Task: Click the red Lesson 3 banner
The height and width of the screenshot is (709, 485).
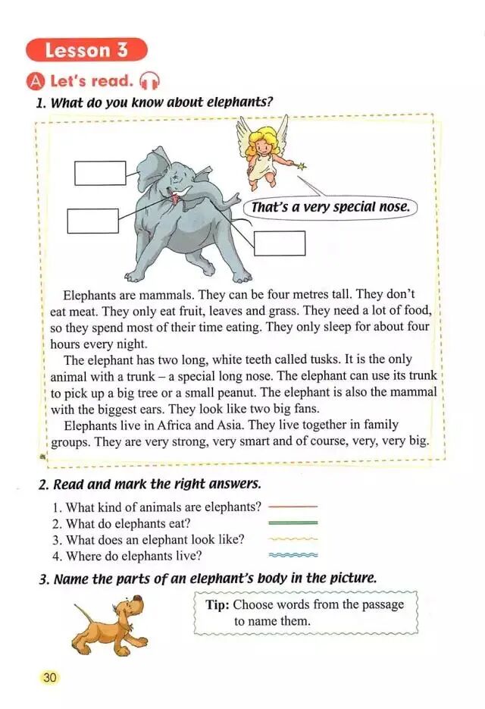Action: coord(86,50)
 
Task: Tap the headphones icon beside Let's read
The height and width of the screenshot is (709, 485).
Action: coord(150,80)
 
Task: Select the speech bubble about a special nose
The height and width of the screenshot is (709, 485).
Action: coord(330,206)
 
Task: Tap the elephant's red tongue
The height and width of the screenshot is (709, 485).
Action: coord(176,199)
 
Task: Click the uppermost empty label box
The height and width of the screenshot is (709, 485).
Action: coord(100,173)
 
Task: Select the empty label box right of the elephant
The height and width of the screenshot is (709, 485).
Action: coord(279,243)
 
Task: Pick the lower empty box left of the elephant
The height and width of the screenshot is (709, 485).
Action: coord(92,221)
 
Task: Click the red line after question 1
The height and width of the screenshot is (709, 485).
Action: coord(293,506)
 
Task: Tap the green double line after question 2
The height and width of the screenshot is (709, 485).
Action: coord(293,522)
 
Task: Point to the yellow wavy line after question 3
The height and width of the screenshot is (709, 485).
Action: coord(293,539)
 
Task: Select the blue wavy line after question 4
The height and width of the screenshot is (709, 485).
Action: coord(293,556)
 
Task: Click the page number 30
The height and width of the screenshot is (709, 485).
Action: coord(49,677)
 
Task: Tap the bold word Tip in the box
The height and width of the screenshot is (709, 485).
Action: coord(217,604)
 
